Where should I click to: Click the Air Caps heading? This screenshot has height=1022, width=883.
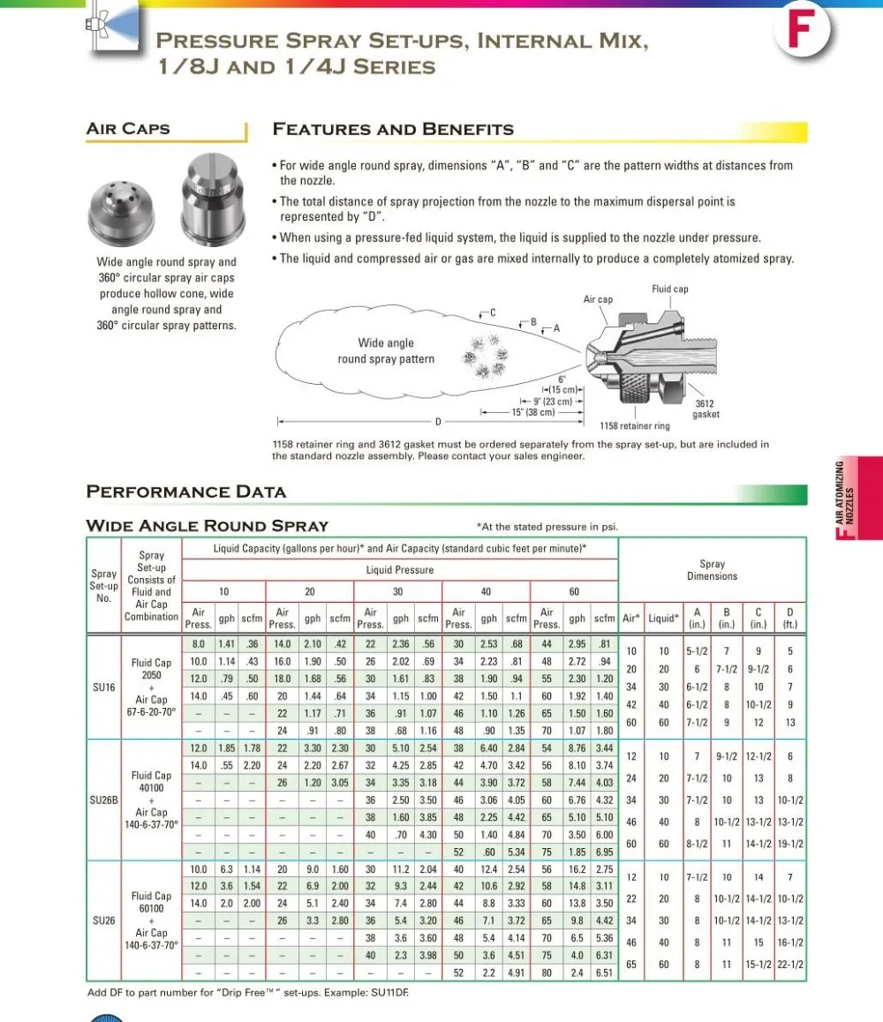pyautogui.click(x=128, y=129)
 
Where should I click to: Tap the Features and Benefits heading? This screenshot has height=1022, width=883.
pyautogui.click(x=393, y=130)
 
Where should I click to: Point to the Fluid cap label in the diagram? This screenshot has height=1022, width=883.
pyautogui.click(x=669, y=289)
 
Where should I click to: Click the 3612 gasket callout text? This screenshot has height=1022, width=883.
pyautogui.click(x=705, y=409)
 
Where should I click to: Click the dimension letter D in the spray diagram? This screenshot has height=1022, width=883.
pyautogui.click(x=437, y=422)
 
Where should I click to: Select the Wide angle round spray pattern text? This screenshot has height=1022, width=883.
pyautogui.click(x=386, y=351)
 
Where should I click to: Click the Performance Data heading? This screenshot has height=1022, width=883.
pyautogui.click(x=186, y=492)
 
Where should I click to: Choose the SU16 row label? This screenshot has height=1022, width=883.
pyautogui.click(x=103, y=686)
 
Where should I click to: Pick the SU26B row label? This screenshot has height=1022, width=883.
pyautogui.click(x=103, y=800)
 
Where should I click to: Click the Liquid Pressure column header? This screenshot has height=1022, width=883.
pyautogui.click(x=399, y=570)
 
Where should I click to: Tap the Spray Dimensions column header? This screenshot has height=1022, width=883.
pyautogui.click(x=712, y=570)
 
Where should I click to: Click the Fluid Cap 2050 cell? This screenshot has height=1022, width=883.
pyautogui.click(x=151, y=668)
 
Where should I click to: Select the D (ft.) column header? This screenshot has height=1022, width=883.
pyautogui.click(x=790, y=618)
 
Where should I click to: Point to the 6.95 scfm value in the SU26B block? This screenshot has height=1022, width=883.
pyautogui.click(x=604, y=852)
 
